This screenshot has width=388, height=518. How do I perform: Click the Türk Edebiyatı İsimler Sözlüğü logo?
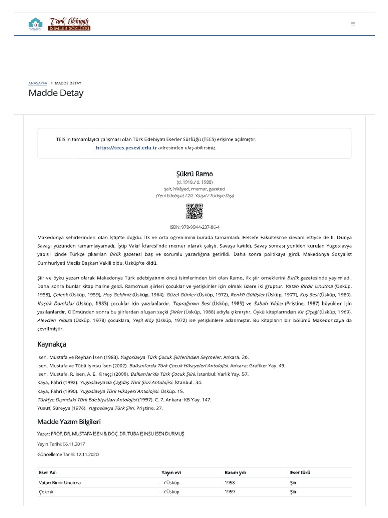60,24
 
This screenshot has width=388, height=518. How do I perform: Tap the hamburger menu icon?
353,24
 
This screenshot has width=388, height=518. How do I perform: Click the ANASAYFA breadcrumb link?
38,83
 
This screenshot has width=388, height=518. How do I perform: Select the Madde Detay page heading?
56,93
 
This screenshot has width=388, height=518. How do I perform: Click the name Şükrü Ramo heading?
194,174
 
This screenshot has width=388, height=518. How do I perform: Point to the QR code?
194,211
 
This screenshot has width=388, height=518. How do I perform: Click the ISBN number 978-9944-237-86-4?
194,227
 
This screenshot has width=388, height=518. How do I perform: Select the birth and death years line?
194,181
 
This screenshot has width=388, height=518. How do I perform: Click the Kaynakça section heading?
52,344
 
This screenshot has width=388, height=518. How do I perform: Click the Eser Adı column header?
47,473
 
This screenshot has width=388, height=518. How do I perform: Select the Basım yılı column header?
235,473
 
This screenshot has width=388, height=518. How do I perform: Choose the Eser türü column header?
301,473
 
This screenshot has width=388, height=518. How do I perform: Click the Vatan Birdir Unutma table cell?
60,483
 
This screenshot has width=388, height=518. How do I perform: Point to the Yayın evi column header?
171,473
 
